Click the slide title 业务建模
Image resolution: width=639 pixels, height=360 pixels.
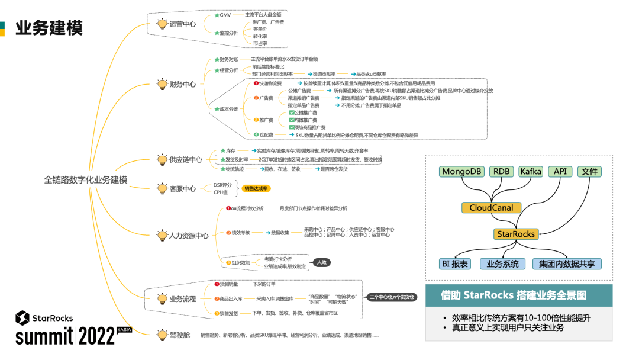49,28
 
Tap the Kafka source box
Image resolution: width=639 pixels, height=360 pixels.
531,172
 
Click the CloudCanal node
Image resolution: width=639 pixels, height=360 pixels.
491,208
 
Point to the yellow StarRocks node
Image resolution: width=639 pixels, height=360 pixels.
516,234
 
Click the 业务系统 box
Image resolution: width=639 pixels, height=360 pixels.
502,264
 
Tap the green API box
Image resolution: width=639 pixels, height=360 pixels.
560,172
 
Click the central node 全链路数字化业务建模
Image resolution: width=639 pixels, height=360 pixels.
85,179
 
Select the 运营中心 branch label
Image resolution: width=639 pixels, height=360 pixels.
183,24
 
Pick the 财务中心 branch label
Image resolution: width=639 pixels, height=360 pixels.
183,84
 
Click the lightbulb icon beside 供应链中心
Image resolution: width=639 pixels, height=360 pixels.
162,159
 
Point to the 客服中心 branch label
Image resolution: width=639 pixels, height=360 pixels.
183,188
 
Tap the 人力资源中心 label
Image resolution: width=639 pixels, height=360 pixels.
189,235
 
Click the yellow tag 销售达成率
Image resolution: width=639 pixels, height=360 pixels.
256,188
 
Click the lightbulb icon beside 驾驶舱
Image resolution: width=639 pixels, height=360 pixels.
162,335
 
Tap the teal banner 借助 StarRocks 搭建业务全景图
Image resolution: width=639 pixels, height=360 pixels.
514,294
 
